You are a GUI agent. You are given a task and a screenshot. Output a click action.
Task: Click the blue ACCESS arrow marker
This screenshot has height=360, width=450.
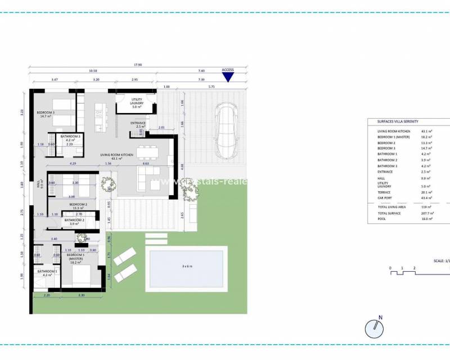click(227, 77)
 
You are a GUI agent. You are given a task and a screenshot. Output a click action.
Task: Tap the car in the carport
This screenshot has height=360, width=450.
click(227, 131)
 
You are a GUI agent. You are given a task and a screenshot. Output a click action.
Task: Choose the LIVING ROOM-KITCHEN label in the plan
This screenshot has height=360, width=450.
click(116, 156)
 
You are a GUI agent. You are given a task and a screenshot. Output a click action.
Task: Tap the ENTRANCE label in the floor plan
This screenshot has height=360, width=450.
click(138, 124)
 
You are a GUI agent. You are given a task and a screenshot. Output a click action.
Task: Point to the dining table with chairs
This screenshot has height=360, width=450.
click(150, 151)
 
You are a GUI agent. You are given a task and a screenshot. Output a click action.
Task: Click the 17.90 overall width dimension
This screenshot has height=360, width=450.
click(138, 65)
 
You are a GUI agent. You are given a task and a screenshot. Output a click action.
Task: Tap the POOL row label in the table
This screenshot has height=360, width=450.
click(382, 219)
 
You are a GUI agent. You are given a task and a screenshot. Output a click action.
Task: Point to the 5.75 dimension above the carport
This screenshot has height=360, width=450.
click(211, 87)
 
